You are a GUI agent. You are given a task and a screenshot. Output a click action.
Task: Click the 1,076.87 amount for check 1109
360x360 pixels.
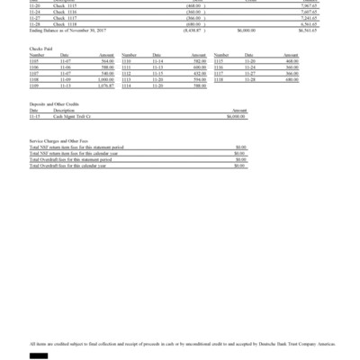pos(105,86)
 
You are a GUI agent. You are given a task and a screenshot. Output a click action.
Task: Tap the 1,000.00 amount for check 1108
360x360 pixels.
pos(106,81)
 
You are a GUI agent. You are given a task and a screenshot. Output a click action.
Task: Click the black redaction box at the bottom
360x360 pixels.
pos(38,356)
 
